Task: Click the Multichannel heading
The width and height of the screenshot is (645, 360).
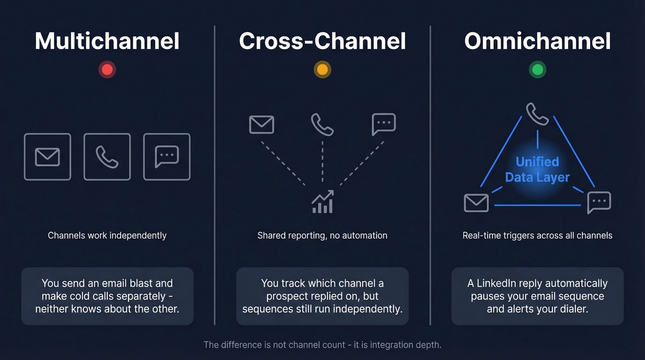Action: tap(107, 41)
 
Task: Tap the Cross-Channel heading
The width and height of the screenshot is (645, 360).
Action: tap(322, 41)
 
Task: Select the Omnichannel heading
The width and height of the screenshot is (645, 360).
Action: tap(537, 41)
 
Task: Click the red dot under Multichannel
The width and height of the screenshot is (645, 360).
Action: tap(107, 70)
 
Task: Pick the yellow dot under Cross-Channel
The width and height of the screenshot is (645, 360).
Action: tap(322, 70)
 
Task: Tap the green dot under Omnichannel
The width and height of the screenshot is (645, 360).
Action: tap(537, 70)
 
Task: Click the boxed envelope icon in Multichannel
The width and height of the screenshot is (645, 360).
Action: tap(47, 157)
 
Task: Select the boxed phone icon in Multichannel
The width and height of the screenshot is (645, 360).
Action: tap(107, 157)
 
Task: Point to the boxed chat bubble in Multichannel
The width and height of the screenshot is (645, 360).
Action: tap(167, 157)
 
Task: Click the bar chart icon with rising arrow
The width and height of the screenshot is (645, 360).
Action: tap(322, 202)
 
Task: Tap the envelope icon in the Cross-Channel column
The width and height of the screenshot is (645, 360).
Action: tap(262, 124)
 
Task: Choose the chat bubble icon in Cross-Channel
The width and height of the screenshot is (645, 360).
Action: tap(383, 124)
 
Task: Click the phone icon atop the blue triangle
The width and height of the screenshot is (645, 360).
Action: tap(537, 114)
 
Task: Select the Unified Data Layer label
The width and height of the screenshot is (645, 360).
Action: tap(537, 169)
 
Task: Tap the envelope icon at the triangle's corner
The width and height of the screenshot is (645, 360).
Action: tap(476, 203)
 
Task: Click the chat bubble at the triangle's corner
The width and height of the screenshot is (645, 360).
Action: tap(599, 202)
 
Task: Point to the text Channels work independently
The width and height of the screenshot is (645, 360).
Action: tap(107, 236)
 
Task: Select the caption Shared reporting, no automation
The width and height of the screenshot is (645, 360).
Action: tap(322, 236)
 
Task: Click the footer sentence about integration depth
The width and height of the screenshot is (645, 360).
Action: tap(322, 344)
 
